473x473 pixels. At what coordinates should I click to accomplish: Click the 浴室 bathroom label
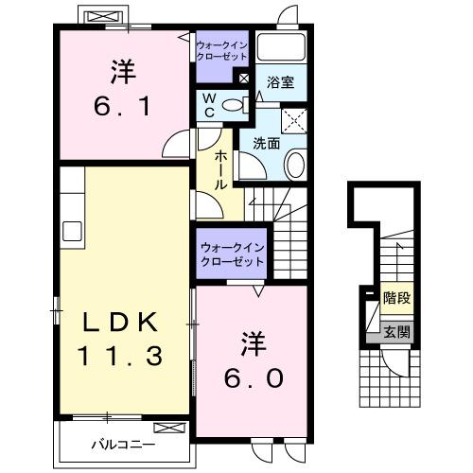(x=281, y=82)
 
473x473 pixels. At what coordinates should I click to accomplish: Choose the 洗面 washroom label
(x=265, y=144)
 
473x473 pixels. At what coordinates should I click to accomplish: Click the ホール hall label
(x=220, y=168)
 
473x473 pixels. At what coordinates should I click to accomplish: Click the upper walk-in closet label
(x=220, y=50)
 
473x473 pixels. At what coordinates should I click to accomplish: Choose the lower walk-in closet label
(x=232, y=255)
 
